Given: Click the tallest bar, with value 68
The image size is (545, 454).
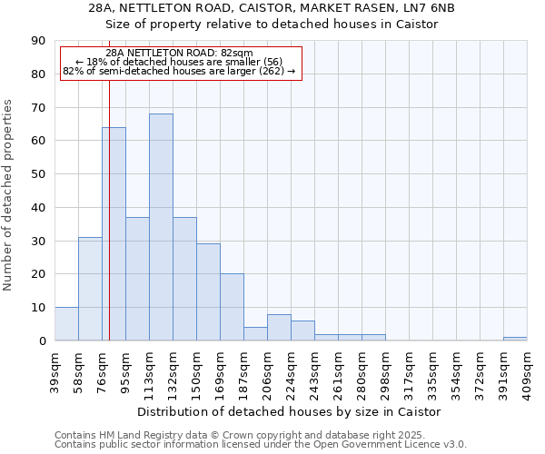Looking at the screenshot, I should [161, 227].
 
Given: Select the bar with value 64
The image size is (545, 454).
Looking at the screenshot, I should [114, 234].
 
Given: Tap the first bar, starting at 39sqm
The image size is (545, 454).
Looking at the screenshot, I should [66, 324].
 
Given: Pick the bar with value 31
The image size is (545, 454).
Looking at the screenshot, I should [90, 289].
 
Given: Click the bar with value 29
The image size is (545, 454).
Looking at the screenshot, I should [208, 292].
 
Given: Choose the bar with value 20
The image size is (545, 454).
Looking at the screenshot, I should [232, 307].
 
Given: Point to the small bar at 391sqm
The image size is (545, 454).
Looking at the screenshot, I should [515, 339].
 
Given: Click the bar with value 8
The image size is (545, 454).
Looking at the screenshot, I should [279, 328].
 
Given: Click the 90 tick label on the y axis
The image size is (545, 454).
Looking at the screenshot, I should [38, 41].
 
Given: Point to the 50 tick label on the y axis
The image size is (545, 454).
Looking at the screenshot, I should [38, 174].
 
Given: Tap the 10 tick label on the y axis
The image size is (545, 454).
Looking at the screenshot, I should [38, 308].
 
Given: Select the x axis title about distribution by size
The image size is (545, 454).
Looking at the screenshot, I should [290, 411].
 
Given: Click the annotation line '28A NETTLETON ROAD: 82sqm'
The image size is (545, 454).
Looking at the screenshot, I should [179, 54].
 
